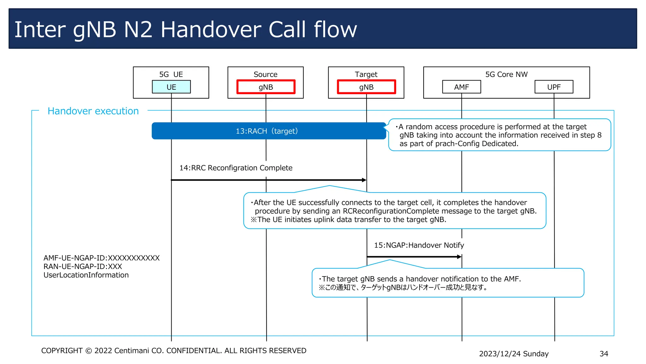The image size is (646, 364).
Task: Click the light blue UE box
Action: pos(171,87)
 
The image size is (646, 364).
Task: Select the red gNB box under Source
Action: pos(266,87)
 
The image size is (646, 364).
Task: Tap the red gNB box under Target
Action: pos(366,87)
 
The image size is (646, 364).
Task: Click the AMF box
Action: pos(461,87)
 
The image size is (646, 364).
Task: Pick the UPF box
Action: pos(554,87)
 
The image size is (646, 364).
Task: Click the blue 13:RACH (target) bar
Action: pos(269,131)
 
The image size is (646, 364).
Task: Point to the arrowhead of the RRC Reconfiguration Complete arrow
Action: pos(364,180)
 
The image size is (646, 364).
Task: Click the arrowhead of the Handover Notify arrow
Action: pos(459,257)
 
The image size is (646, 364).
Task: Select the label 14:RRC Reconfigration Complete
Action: pos(236,168)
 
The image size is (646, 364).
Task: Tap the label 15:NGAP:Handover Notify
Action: pos(419,245)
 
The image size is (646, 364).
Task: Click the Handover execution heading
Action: pos(93,111)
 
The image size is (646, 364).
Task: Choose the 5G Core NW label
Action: pos(506,74)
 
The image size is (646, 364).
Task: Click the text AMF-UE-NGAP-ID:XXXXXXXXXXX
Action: pos(102,258)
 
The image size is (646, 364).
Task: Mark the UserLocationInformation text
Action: pos(86,275)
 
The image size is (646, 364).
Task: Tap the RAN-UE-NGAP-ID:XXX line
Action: pos(83,266)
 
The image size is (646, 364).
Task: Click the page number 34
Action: pos(604,354)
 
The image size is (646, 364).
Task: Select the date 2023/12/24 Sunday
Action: pos(514,354)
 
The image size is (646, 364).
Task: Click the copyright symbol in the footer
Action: pos(89,351)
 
